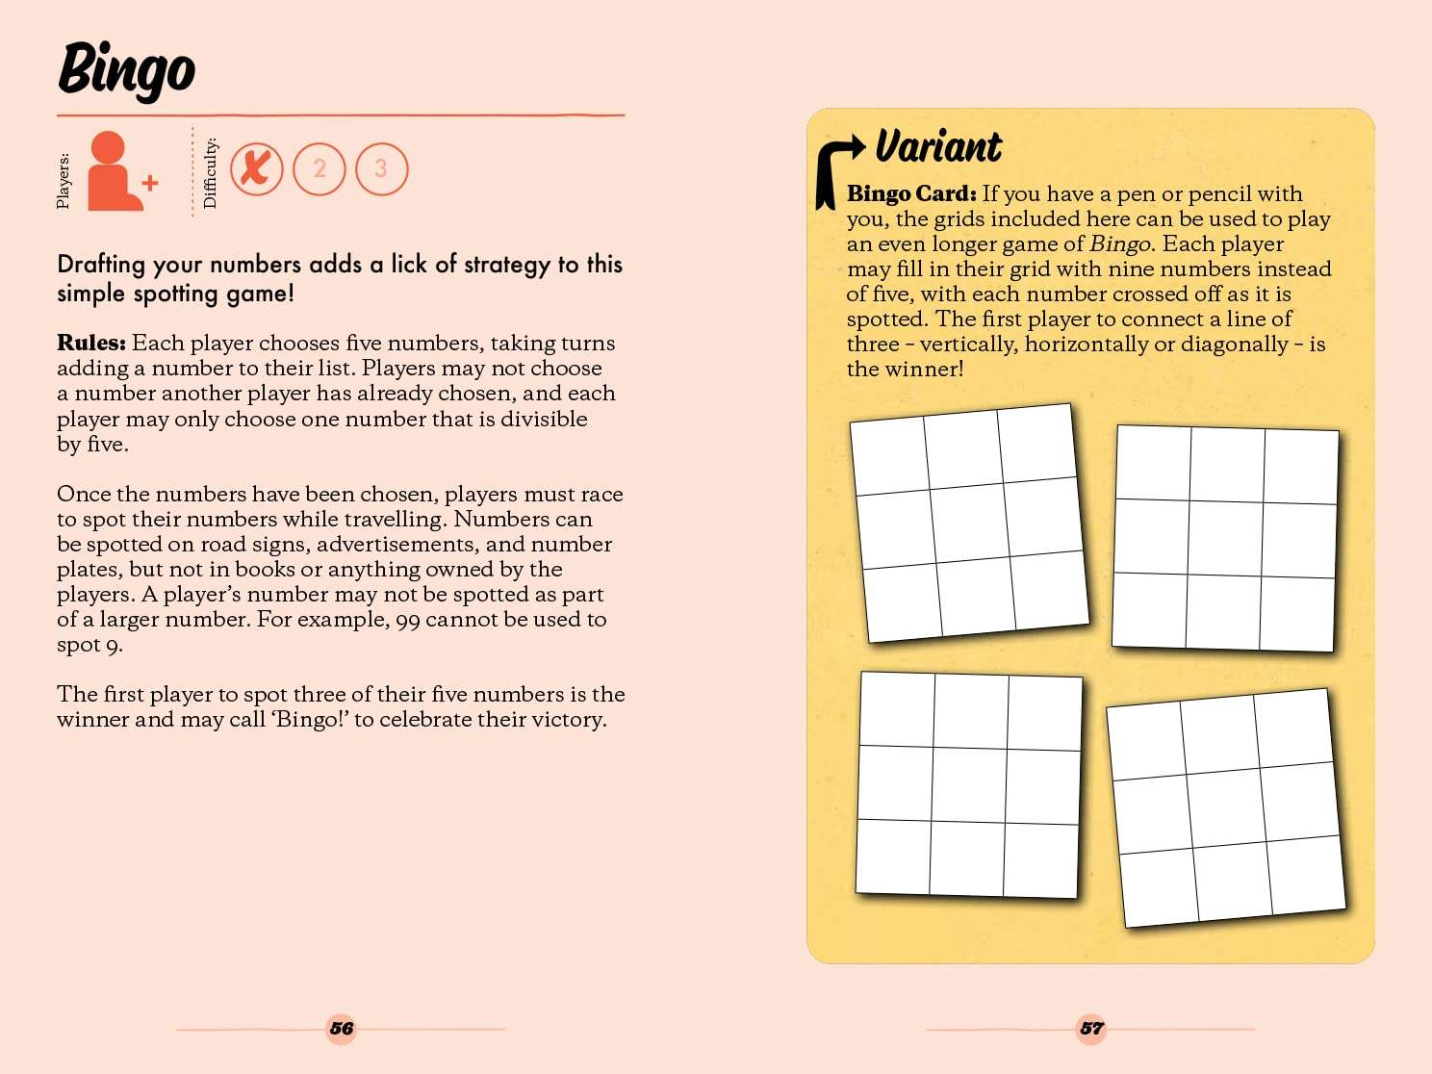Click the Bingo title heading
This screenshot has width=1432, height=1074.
[x=126, y=69]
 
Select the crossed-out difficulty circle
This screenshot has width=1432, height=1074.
[x=256, y=168]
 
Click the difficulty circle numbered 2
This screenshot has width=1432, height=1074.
[x=319, y=169]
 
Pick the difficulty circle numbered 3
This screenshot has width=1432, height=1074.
[x=381, y=169]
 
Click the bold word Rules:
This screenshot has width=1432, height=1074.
[x=91, y=344]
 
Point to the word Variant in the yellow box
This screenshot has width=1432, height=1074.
[x=938, y=146]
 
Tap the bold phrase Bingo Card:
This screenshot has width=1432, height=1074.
[x=911, y=193]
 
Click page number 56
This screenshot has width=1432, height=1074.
[x=342, y=1028]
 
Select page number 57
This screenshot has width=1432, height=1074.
[x=1091, y=1028]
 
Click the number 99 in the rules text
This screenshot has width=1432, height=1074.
[x=408, y=620]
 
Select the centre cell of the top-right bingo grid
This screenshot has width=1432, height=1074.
[x=1225, y=538]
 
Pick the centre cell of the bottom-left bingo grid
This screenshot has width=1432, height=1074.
[x=969, y=784]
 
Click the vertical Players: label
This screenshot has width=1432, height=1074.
[x=64, y=180]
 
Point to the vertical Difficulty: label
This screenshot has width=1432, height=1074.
[x=211, y=173]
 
